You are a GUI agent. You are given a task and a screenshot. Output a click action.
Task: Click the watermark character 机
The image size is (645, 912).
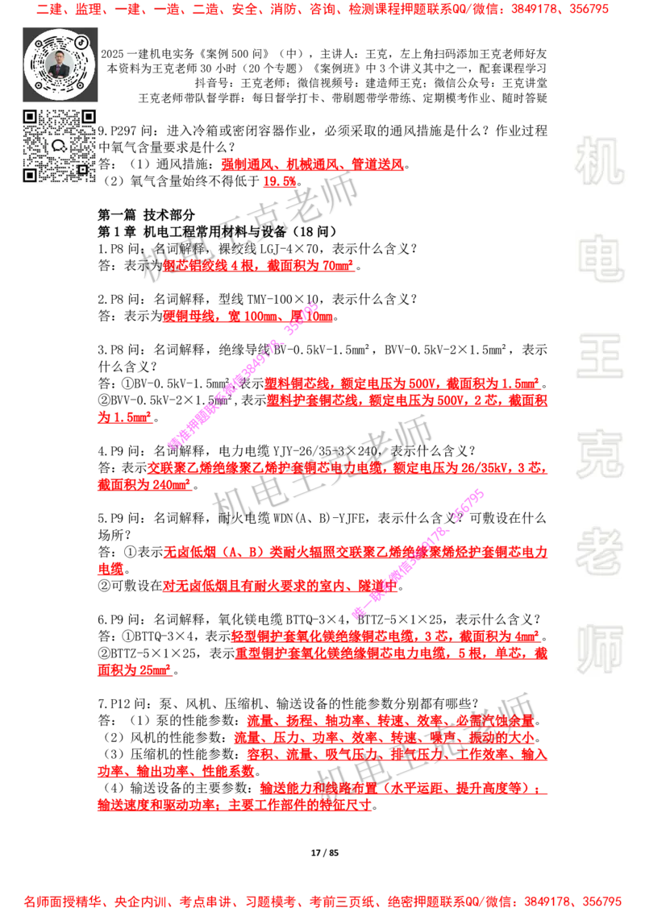[x=599, y=161]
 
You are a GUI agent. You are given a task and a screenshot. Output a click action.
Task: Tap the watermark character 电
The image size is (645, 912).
[x=602, y=258]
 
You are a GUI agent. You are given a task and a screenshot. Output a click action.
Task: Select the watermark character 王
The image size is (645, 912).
[x=599, y=358]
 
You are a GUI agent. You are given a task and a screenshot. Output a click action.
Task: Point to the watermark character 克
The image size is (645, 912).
[x=599, y=454]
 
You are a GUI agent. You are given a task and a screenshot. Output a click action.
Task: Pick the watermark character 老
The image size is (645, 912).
[x=599, y=551]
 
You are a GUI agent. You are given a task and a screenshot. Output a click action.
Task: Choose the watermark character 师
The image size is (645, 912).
[x=599, y=651]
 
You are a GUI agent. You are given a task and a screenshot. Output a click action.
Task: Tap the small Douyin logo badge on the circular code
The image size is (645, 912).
[x=82, y=42]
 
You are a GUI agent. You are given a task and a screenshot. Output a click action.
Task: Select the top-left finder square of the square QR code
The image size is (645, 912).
[x=31, y=118]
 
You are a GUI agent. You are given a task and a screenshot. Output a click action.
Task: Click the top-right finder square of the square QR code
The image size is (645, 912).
[x=89, y=118]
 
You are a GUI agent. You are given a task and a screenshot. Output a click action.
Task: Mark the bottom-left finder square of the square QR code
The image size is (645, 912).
[x=31, y=175]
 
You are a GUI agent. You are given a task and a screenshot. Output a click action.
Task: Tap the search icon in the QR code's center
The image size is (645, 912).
[x=59, y=146]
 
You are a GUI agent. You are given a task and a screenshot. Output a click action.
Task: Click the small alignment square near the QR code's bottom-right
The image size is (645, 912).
[x=82, y=169]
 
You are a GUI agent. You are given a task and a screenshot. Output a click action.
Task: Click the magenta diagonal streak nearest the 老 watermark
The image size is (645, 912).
[x=419, y=553]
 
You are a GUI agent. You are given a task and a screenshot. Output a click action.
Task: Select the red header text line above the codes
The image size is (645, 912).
[x=322, y=10]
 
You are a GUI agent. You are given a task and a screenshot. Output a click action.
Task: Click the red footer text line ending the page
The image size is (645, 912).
[x=322, y=901]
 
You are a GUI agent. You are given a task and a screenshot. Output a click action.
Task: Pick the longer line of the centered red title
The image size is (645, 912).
[x=313, y=165]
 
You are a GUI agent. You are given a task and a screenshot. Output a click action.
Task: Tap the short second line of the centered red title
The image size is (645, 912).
[x=280, y=183]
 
